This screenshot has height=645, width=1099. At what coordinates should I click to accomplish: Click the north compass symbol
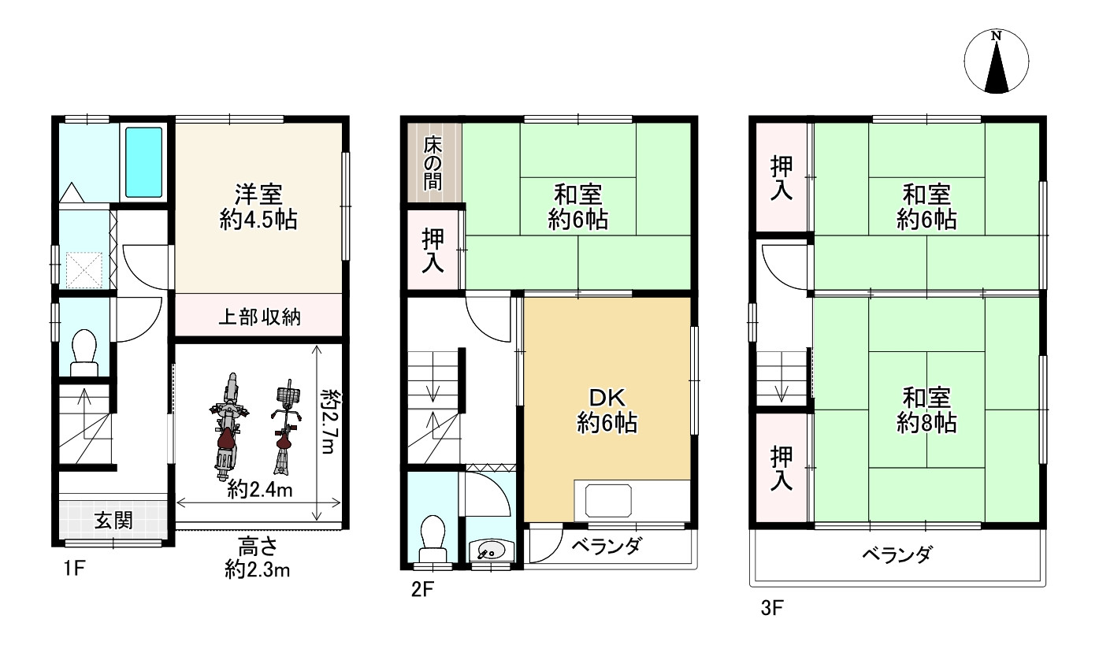pos(997,61)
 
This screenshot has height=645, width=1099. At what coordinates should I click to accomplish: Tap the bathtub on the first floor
pos(143,162)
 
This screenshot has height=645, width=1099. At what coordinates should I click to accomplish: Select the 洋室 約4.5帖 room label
pos(258,207)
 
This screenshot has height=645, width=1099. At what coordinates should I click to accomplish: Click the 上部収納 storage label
pos(259,317)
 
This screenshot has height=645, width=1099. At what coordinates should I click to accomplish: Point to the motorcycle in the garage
pos(226,426)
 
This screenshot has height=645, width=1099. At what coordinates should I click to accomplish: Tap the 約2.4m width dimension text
pos(259,489)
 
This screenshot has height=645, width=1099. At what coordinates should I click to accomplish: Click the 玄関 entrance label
pos(113,520)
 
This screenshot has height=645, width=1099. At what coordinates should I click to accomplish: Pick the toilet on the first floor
pos(84,352)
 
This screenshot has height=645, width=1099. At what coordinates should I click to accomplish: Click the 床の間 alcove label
pos(433,163)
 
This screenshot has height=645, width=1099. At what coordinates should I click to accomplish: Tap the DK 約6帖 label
pos(607,410)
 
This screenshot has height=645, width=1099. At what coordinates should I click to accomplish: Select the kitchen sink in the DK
pos(608,500)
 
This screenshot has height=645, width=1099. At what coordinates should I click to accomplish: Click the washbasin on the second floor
pos(490,550)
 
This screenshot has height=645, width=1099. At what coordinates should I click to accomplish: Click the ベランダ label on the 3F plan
pos(897,554)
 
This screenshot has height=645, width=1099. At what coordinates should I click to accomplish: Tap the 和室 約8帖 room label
pos(926,410)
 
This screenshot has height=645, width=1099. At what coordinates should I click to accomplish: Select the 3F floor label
pos(772,608)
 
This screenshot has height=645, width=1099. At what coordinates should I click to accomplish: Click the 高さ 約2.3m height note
pos(258,558)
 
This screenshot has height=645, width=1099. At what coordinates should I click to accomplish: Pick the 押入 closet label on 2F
pos(433,250)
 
